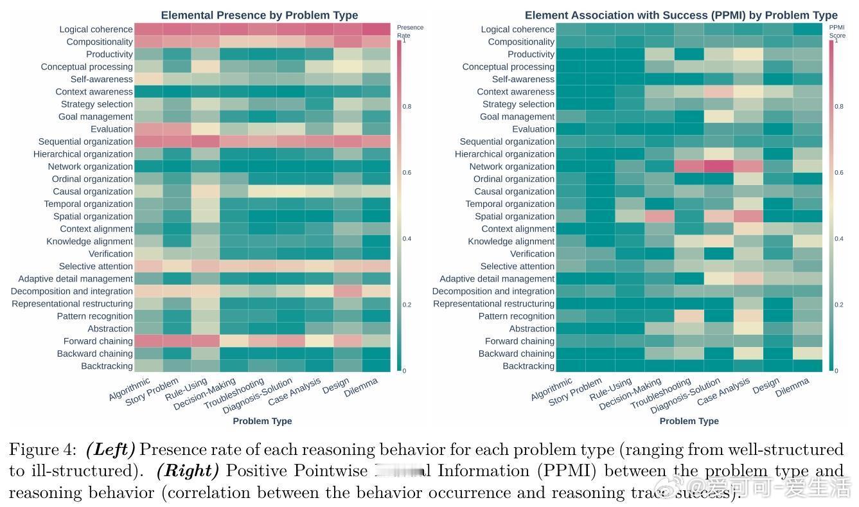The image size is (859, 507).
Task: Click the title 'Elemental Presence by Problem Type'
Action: point(260,15)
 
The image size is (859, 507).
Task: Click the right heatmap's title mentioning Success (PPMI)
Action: point(681,15)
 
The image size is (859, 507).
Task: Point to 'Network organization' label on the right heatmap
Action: point(511,166)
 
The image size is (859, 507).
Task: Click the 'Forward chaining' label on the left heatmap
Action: point(98,341)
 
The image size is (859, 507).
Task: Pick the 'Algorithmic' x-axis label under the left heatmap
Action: point(130,389)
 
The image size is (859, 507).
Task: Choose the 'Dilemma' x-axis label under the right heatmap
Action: point(792,387)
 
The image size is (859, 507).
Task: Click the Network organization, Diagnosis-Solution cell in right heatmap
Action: point(718,166)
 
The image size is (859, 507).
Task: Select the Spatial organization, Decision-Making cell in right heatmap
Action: point(659,216)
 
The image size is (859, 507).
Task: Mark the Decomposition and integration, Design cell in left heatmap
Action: point(348,290)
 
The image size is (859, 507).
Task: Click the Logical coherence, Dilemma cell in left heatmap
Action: point(376,29)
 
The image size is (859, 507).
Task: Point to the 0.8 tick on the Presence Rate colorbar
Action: point(407,107)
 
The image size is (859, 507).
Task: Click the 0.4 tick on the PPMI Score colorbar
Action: point(838,238)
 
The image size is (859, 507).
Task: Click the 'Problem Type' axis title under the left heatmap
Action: point(262,421)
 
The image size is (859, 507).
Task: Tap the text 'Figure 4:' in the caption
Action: point(42,449)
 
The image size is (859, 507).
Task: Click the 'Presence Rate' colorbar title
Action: point(410,31)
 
